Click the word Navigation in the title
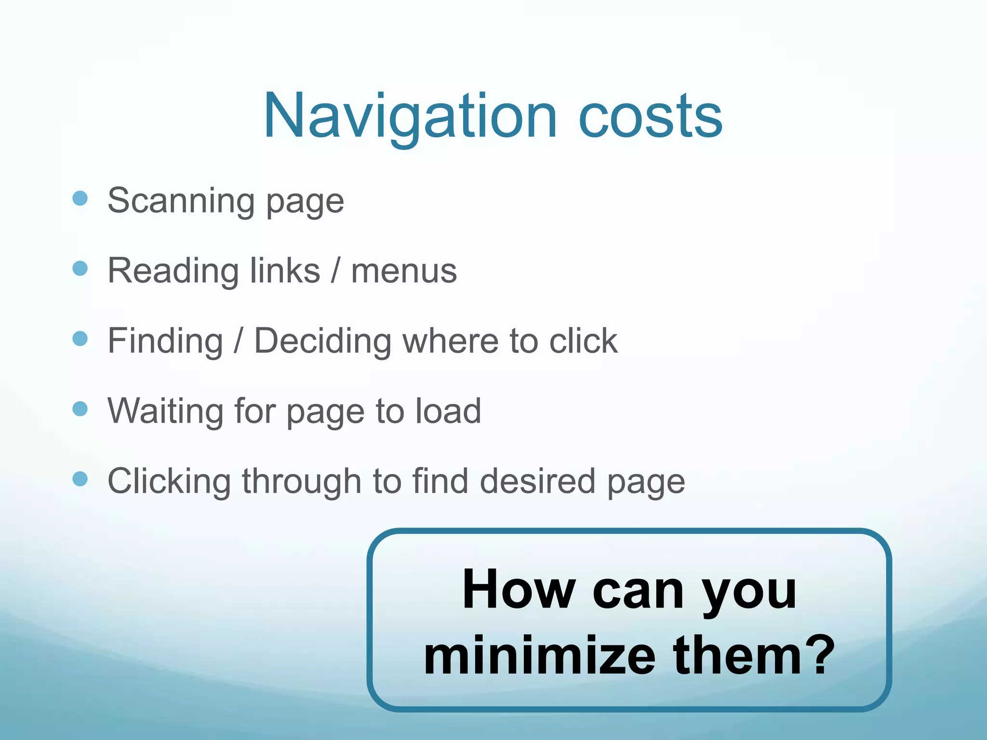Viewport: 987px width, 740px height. (x=410, y=117)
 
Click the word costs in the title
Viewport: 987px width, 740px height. (x=650, y=117)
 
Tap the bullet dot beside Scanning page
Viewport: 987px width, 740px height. (x=80, y=198)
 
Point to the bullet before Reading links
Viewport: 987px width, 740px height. (x=80, y=268)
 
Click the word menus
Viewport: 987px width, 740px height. (x=404, y=271)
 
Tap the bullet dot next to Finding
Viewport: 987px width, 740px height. (x=80, y=339)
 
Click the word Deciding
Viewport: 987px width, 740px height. (x=322, y=341)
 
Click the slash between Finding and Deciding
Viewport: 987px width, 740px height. (x=238, y=341)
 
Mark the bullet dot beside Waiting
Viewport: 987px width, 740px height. (x=80, y=409)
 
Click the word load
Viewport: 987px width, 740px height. (x=448, y=411)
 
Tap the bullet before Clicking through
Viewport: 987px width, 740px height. (x=80, y=479)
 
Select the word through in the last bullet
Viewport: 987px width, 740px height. (x=302, y=482)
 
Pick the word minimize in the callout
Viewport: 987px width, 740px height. (x=540, y=655)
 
